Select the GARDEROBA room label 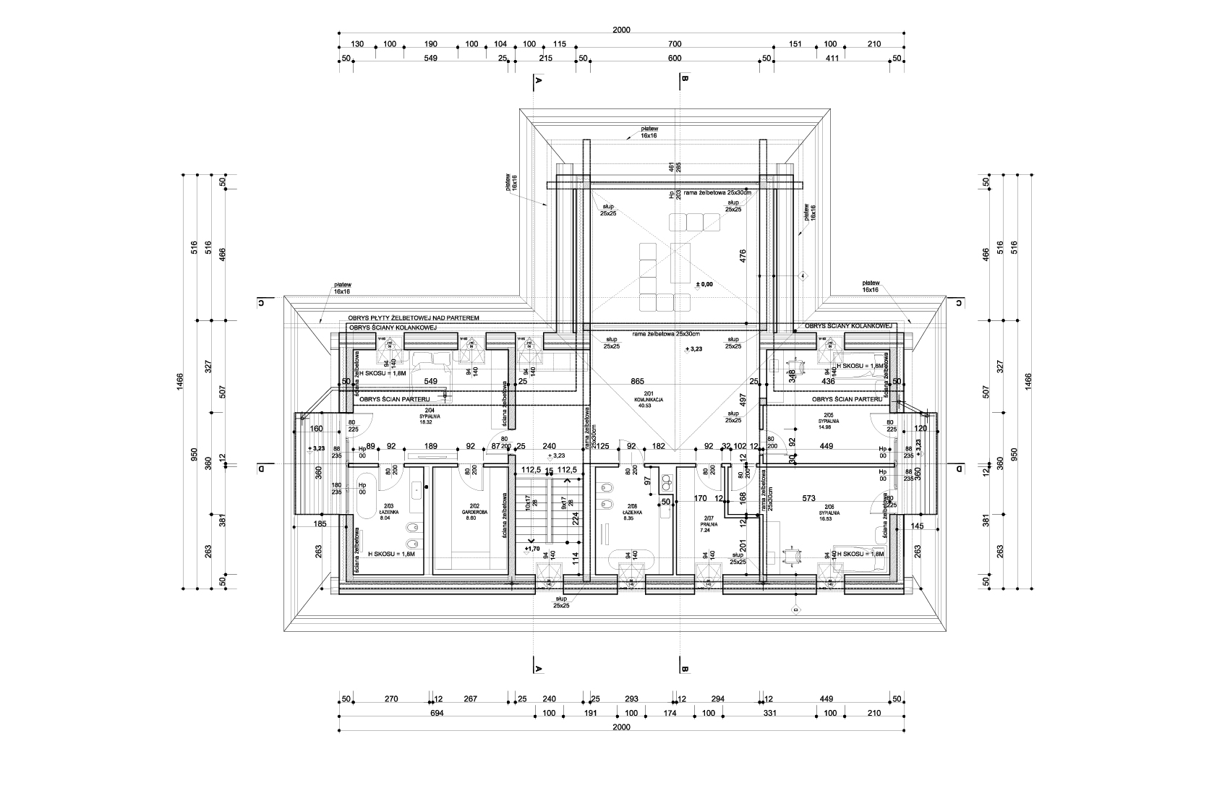pos(475,512)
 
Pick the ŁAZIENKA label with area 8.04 pos(388,512)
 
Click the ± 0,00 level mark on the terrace pos(704,284)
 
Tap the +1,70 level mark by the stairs pos(533,549)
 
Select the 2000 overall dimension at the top pos(621,30)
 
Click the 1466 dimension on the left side pos(180,380)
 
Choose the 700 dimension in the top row pos(675,44)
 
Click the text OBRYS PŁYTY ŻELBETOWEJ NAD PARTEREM pos(413,318)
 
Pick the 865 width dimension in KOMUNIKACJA pos(637,380)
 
